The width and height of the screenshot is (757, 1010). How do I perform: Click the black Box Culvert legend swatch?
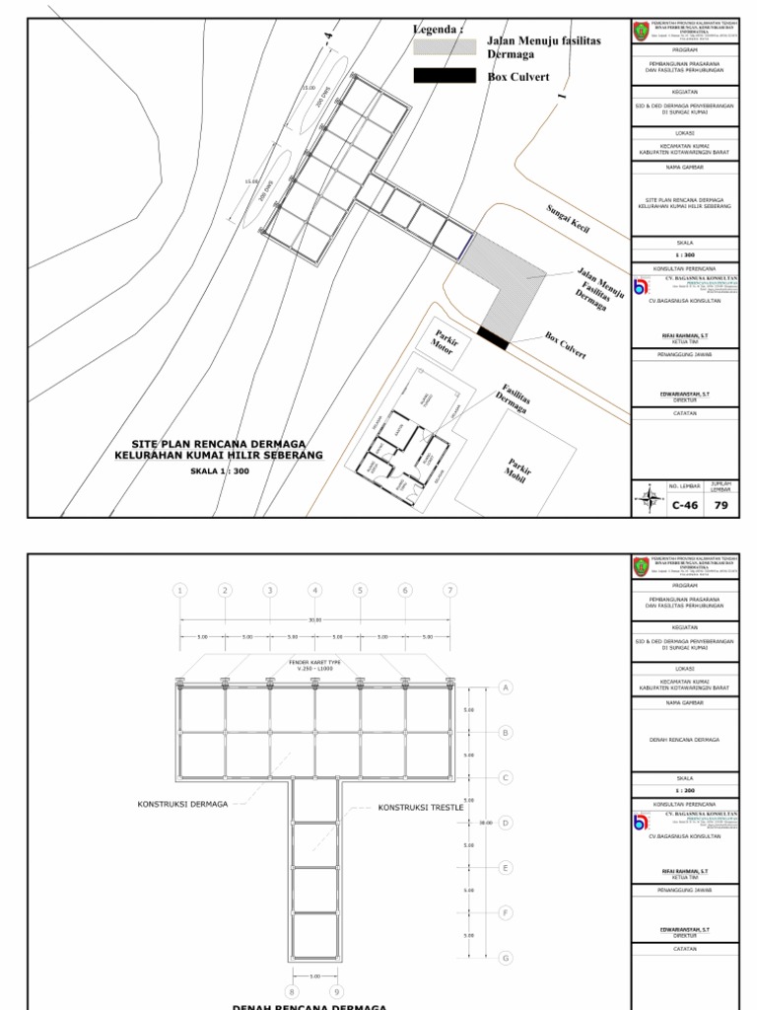tap(446, 76)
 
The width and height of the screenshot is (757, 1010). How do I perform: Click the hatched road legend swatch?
tap(446, 45)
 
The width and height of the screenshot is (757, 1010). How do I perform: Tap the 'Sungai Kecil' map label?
tap(568, 219)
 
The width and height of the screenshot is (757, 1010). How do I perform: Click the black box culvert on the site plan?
tap(492, 336)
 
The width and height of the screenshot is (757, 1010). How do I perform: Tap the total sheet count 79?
tap(722, 505)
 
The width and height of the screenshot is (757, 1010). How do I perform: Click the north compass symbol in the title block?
tap(648, 498)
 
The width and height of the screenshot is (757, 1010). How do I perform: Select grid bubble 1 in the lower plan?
tap(179, 590)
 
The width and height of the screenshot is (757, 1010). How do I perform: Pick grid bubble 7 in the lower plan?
tap(449, 590)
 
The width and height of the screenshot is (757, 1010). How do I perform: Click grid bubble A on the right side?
tap(506, 687)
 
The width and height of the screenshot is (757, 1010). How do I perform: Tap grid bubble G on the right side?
tap(506, 958)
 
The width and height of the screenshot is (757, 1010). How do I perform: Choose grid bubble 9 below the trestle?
tap(337, 991)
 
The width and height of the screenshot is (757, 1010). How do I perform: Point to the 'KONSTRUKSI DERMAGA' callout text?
tap(182, 804)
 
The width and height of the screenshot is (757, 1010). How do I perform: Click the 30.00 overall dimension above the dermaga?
tap(314, 619)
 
